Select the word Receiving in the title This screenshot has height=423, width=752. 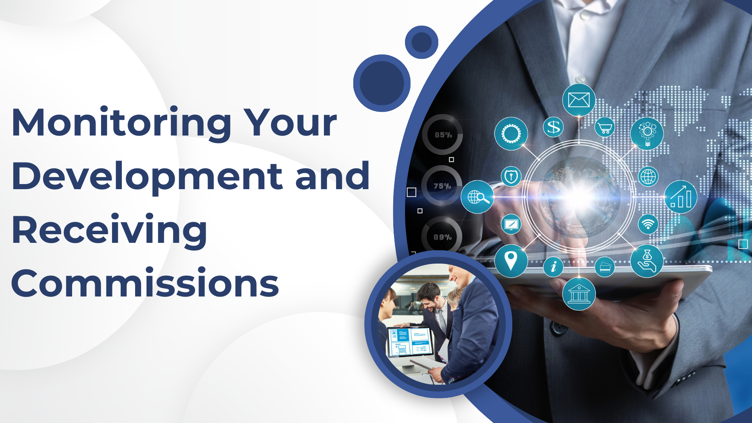click(x=109, y=231)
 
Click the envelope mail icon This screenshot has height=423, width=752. click(x=578, y=100)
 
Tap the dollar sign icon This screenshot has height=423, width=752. click(x=553, y=127)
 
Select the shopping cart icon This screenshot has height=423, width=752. click(x=605, y=127)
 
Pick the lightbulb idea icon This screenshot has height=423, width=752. click(x=647, y=133)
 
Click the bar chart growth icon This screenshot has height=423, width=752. click(x=681, y=197)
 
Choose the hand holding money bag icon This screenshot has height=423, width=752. click(x=647, y=261)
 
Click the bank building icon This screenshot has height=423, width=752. click(x=579, y=294)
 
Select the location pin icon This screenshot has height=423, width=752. click(x=511, y=261)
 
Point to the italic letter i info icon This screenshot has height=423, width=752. click(x=553, y=267)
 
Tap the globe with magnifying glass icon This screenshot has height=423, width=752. click(x=477, y=197)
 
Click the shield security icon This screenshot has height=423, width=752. click(x=511, y=176)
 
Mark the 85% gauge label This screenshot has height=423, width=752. click(x=443, y=135)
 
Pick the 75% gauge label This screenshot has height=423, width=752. click(x=442, y=186)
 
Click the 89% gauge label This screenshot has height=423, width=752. click(x=443, y=237)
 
